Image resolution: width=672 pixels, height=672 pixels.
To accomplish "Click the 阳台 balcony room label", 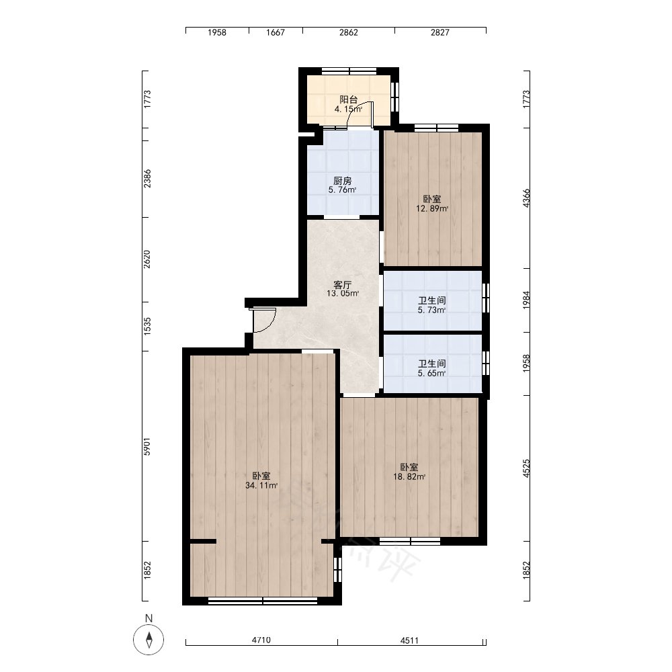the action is point(348,99).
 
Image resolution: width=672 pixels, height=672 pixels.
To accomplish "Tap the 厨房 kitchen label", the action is point(343,181).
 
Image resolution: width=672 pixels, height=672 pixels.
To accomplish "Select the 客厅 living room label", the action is point(343,284).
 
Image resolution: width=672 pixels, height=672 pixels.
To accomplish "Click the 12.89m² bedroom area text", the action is point(432,209).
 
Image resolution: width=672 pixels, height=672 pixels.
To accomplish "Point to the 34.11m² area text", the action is point(261,486).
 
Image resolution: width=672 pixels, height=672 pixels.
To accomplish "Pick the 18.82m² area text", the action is point(409,476).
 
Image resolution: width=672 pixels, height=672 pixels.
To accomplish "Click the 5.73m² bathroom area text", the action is point(431,310).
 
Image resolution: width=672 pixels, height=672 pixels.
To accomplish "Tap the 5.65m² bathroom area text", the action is point(431,373).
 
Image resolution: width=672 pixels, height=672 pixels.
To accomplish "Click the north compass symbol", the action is point(149,640).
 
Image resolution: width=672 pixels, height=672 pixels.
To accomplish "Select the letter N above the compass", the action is point(149,618).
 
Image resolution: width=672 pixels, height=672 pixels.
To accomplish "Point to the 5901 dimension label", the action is point(147,446).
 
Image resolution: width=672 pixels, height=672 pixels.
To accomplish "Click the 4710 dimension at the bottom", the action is point(261,640).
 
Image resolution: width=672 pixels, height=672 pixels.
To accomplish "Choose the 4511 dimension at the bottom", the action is point(409,640).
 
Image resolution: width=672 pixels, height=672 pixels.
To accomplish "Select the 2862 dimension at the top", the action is point(348,32).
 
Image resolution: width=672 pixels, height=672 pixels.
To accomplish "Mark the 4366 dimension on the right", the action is point(526,198).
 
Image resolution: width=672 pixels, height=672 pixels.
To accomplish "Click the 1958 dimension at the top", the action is point(217,32).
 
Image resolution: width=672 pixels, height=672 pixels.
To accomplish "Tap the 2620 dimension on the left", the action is point(147,259).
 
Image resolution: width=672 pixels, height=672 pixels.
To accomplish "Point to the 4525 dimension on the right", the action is point(526,468).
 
